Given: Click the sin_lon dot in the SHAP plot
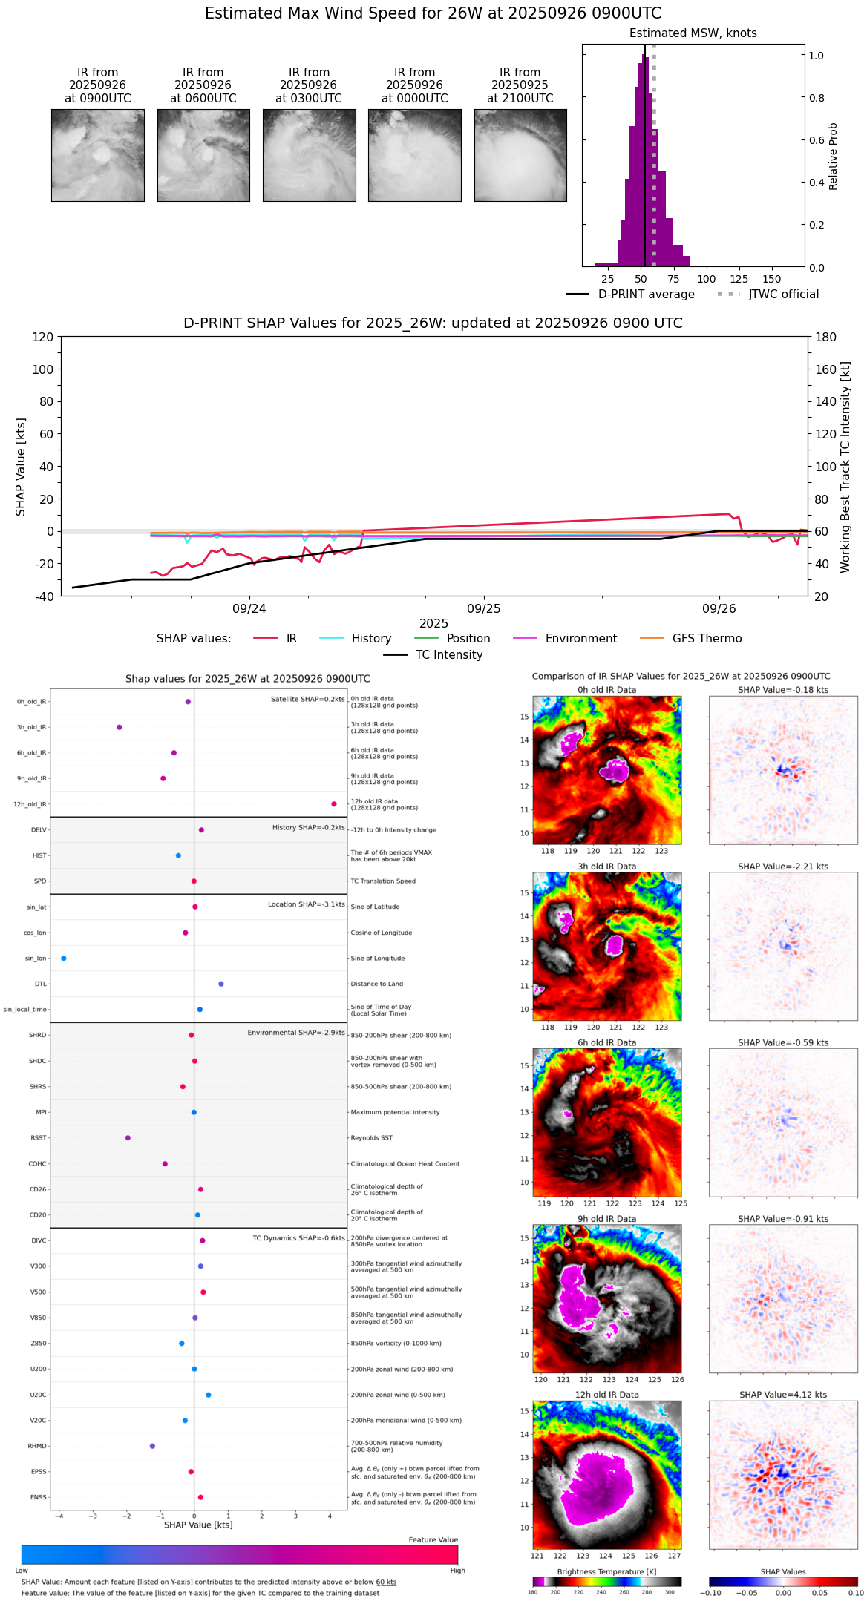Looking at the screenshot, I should coord(64,958).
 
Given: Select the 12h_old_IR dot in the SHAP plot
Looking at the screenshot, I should coord(334,803).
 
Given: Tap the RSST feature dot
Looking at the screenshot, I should coord(128,1137).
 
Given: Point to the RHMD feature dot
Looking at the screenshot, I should coord(152,1445).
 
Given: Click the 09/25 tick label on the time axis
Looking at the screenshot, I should coord(483,608).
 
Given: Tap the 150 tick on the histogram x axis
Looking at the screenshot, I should coord(772,279).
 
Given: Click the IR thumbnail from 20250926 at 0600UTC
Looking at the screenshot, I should coord(203,155).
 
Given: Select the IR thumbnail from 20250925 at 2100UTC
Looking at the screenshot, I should coord(520,155).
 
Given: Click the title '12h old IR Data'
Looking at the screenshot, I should coord(606,1394).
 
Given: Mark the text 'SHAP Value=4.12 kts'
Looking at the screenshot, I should coord(783,1394).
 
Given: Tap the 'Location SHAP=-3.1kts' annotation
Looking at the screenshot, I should coord(306,904).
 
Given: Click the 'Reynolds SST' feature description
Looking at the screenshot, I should coord(371,1137).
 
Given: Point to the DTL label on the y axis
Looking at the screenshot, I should coord(40,984).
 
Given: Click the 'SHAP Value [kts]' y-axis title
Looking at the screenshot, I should coord(21,467).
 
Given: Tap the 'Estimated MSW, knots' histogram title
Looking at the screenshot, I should coord(693,33).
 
